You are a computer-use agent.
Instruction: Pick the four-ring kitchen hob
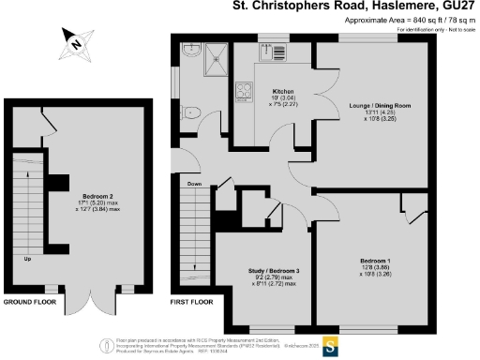click(246, 92)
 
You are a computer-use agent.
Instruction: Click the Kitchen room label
click(257, 92)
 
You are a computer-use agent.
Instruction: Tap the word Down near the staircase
click(194, 184)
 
